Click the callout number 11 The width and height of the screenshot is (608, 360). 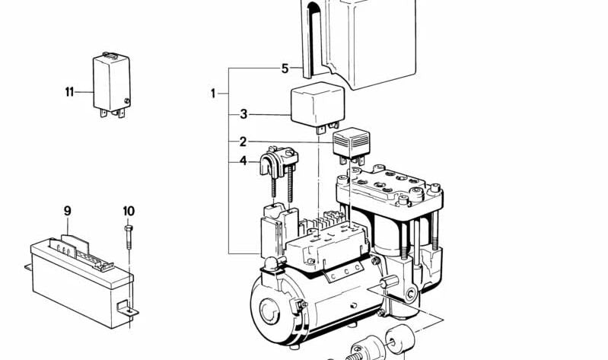(69, 92)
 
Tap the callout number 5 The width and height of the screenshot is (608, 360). (285, 69)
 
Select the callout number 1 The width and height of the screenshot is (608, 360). (213, 94)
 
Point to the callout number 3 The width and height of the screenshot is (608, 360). (244, 114)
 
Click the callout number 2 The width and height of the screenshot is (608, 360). (243, 142)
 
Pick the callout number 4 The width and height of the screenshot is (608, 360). (243, 161)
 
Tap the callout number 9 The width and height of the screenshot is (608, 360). (68, 212)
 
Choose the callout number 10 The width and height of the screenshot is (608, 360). (129, 212)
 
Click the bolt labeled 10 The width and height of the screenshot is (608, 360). (129, 237)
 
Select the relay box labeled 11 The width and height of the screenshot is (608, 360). (111, 85)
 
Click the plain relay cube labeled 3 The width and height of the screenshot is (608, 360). (317, 106)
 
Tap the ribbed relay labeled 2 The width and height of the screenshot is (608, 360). (352, 145)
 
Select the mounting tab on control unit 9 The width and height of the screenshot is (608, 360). (128, 308)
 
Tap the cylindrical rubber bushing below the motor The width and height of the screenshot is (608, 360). (399, 338)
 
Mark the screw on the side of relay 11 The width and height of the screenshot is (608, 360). (126, 101)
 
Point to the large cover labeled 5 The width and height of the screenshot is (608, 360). (358, 43)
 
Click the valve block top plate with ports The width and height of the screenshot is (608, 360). (390, 186)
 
